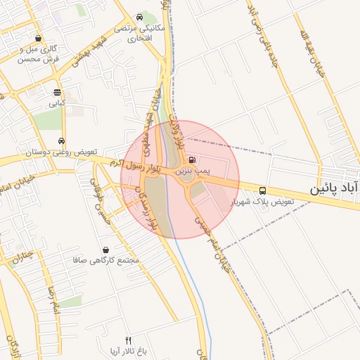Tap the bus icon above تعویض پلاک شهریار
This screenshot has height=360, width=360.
262,190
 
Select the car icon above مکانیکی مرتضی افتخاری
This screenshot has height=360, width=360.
141,17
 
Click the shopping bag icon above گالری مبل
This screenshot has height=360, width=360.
37,39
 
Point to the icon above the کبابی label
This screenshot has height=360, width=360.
57,92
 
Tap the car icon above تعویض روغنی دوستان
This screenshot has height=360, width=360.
63,141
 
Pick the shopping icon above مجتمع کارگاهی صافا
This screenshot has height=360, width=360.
105,250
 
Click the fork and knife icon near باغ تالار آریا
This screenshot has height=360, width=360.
127,340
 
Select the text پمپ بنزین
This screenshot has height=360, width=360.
192,170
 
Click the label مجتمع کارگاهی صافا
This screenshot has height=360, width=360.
105,261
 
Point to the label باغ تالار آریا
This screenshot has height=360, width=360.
127,350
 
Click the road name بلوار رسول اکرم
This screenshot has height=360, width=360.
138,166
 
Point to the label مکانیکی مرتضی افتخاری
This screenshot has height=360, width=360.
143,34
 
